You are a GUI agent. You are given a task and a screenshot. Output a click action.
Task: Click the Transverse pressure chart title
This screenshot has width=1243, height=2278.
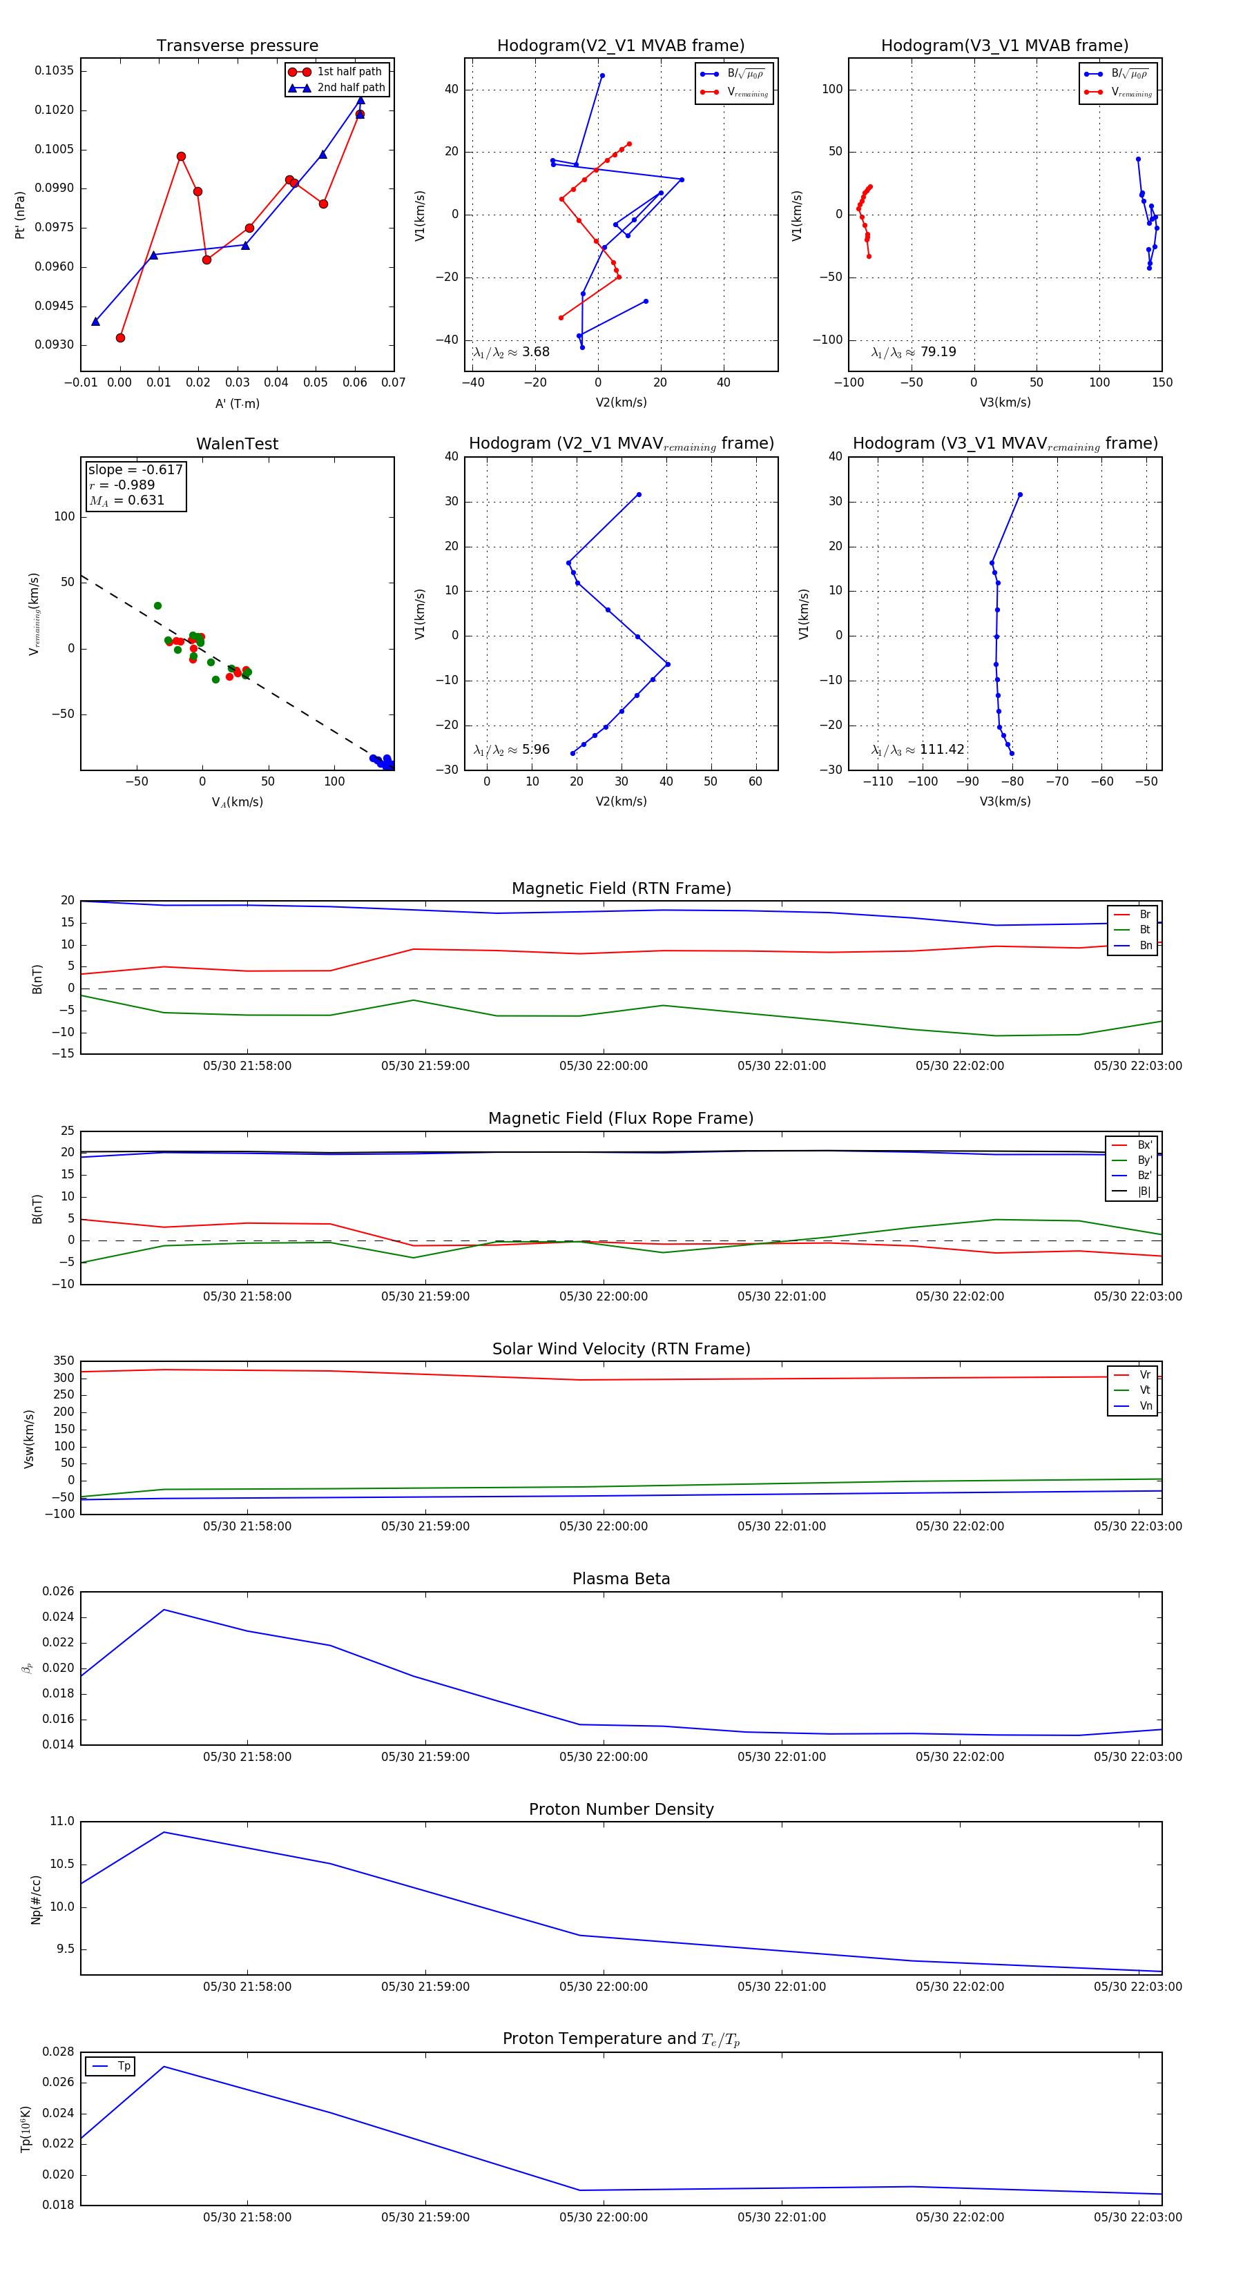click(237, 46)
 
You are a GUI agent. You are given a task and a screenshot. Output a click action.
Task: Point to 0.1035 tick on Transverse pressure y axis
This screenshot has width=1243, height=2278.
click(54, 70)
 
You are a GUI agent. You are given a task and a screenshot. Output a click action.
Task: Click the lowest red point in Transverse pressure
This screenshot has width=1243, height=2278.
click(120, 338)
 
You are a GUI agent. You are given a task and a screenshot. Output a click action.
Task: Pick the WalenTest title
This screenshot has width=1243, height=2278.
click(237, 444)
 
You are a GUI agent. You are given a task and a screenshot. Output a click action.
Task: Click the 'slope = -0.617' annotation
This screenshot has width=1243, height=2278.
click(135, 469)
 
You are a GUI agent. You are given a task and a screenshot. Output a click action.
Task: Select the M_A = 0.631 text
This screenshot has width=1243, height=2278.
click(126, 500)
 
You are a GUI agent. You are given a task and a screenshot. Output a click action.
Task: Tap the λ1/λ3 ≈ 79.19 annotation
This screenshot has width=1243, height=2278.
click(913, 352)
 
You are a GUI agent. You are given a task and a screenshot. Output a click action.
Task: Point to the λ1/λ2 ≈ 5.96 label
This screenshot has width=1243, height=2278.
click(511, 750)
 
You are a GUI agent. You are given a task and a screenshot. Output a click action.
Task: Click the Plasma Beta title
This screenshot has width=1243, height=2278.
click(621, 1579)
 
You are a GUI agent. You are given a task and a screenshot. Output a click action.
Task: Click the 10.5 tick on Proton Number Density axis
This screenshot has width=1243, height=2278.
click(62, 1863)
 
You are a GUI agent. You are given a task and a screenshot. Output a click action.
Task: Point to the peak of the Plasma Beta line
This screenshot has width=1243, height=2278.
click(164, 1610)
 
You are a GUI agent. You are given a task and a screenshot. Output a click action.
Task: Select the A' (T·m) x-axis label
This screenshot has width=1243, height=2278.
click(237, 404)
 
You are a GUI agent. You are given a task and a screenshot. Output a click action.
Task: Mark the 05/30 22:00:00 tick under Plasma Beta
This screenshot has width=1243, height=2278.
click(604, 1757)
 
